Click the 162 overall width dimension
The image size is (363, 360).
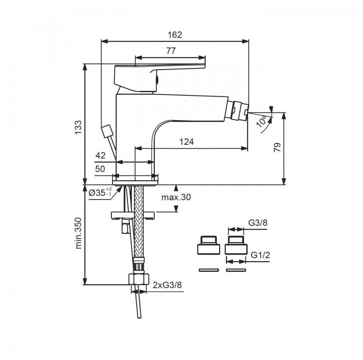pyautogui.click(x=175, y=35)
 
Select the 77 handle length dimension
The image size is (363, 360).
pyautogui.click(x=171, y=51)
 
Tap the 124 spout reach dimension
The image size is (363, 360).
pyautogui.click(x=186, y=142)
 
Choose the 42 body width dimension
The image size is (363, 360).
pyautogui.click(x=100, y=155)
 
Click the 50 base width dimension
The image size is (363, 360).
pyautogui.click(x=100, y=169)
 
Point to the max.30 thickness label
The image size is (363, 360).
pyautogui.click(x=176, y=197)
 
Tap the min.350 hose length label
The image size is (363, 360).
pyautogui.click(x=79, y=233)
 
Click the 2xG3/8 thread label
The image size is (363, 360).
pyautogui.click(x=167, y=285)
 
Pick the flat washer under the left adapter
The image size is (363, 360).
pyautogui.click(x=208, y=270)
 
